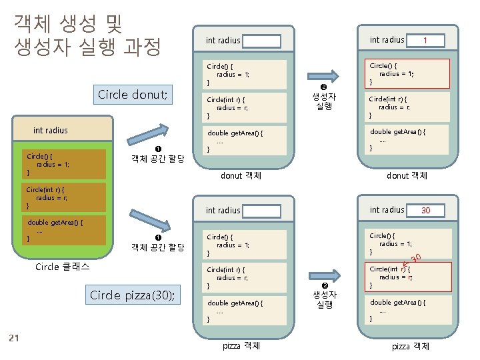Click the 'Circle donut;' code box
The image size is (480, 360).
(132, 94)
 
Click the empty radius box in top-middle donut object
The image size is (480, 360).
(261, 41)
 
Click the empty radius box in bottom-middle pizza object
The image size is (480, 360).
(261, 211)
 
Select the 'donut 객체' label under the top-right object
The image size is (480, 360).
(407, 176)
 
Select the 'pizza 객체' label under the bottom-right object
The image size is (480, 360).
(410, 347)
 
